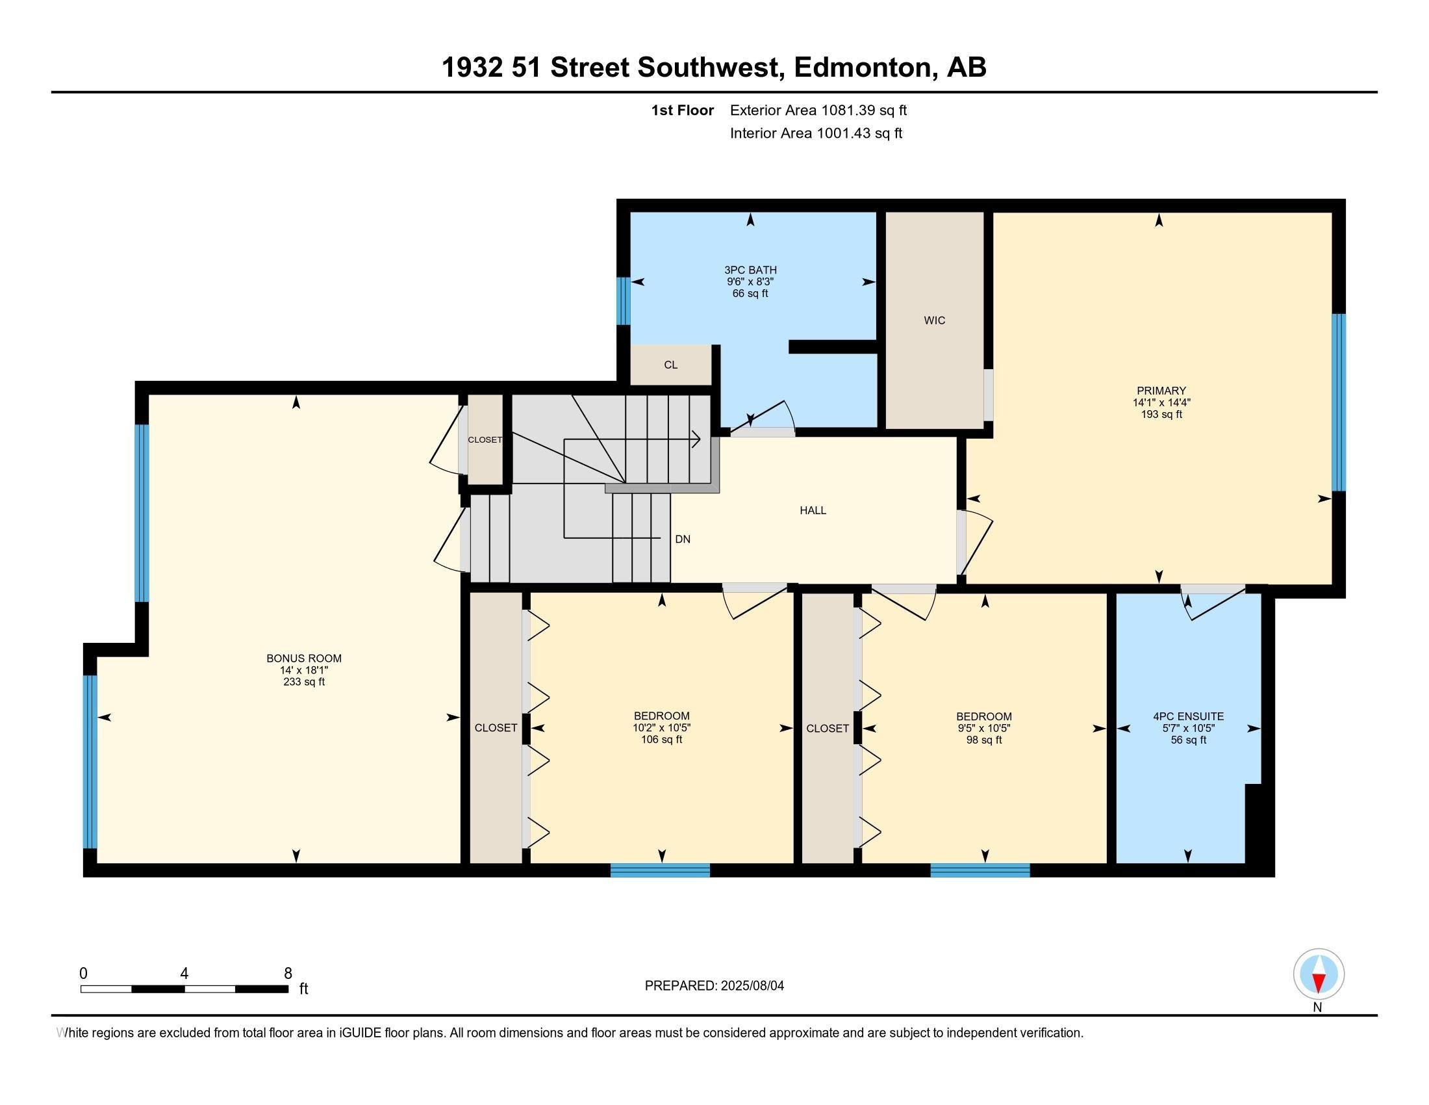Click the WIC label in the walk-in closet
(934, 320)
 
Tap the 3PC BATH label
(750, 270)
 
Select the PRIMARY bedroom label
(1161, 391)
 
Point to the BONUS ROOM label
(303, 658)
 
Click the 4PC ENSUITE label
(1188, 716)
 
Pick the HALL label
(813, 510)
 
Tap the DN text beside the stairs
(683, 539)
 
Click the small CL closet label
(671, 365)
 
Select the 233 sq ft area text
(303, 681)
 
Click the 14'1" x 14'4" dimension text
(1161, 402)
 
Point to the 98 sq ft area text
(984, 740)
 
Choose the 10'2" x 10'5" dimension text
(661, 727)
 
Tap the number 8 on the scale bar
(288, 974)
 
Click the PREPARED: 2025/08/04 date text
(714, 985)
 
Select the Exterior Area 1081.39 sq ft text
(818, 110)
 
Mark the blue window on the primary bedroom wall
(1339, 402)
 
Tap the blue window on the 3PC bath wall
(624, 301)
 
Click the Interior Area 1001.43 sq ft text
(816, 133)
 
